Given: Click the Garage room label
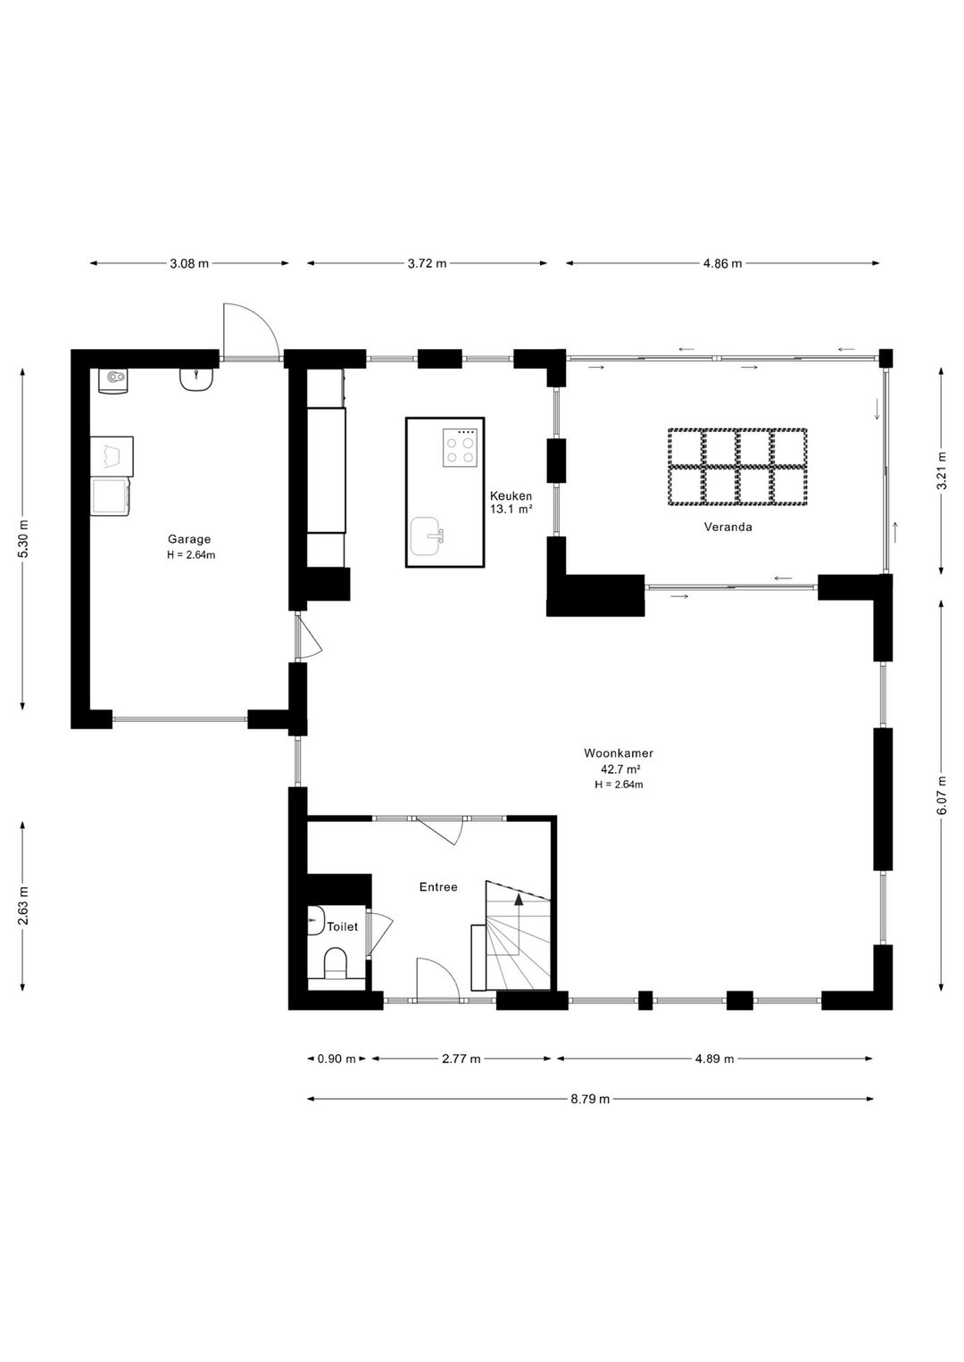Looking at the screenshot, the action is coord(189,539).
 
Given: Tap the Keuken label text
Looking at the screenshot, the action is coord(511,496).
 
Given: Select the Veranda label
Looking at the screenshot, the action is coord(728,527).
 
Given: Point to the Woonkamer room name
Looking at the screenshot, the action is coord(619,752).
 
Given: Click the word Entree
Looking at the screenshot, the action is coord(438,887).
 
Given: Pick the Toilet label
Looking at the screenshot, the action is coord(343,926).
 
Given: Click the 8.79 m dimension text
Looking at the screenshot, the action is coord(590,1099).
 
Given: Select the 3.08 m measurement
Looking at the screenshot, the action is coord(189,263).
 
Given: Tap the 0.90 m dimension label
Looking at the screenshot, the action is coord(337,1059).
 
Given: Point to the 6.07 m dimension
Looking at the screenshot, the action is coord(941,795).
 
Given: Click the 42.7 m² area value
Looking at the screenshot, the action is coord(619,768).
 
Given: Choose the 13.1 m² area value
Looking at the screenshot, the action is coord(511,510).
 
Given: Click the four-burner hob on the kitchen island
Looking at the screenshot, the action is coord(460,447).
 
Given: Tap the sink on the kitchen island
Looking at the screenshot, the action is coord(426,536).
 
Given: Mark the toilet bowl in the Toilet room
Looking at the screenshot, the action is coord(335,964).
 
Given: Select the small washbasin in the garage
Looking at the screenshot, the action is coord(196,379).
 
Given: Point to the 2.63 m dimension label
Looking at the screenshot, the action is coord(22,905).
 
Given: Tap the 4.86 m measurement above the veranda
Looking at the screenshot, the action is coord(722,263).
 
